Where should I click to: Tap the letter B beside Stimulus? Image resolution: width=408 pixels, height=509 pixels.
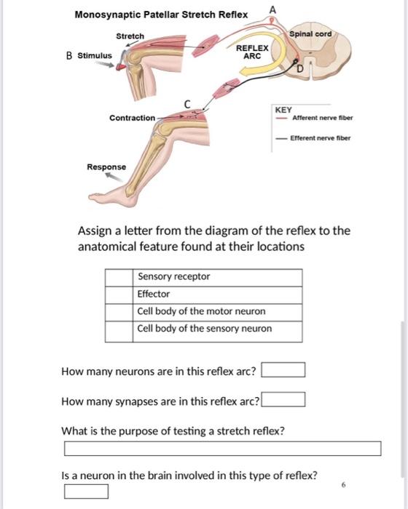[68, 55]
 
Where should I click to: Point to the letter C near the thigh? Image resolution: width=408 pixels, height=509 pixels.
[187, 104]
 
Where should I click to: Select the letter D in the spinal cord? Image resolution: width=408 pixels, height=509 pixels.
[298, 68]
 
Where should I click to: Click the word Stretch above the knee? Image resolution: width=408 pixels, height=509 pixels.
[130, 36]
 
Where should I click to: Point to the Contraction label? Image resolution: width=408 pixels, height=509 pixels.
[133, 118]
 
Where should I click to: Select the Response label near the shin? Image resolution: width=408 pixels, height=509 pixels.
[106, 167]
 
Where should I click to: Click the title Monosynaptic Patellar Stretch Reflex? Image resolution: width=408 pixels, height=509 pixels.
[161, 15]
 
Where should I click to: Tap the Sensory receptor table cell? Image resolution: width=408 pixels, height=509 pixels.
[219, 277]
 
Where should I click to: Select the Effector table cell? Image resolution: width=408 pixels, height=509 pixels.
[219, 294]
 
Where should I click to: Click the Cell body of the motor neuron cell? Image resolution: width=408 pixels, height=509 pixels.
[219, 312]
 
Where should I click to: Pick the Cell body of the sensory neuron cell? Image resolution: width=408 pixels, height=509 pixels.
[219, 329]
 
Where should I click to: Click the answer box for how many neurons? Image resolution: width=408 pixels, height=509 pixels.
[283, 371]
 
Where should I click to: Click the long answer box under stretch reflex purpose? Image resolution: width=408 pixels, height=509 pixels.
[222, 448]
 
